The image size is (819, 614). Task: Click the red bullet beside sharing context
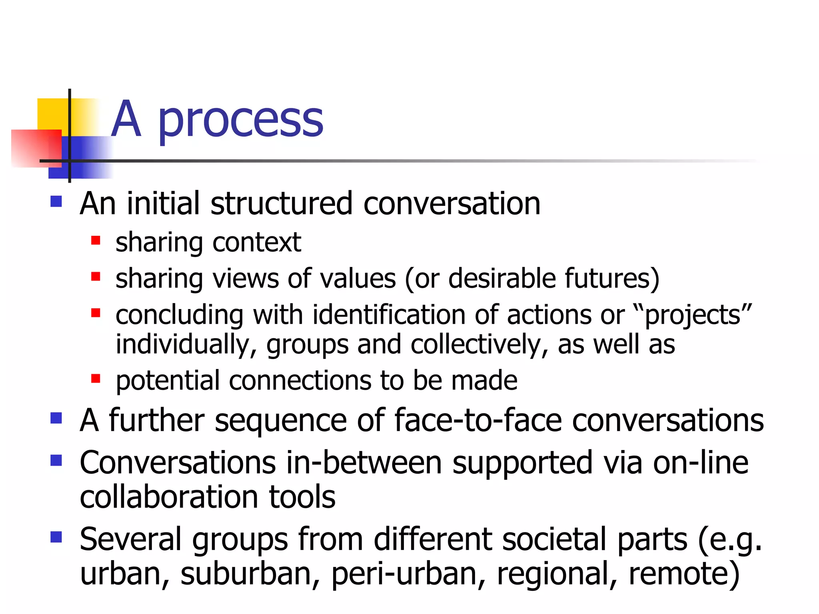pos(96,240)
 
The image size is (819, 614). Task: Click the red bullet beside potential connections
pos(96,378)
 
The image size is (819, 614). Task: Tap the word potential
pos(168,381)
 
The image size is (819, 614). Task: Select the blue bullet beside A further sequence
pos(56,418)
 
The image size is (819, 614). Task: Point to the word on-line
pos(700,463)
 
